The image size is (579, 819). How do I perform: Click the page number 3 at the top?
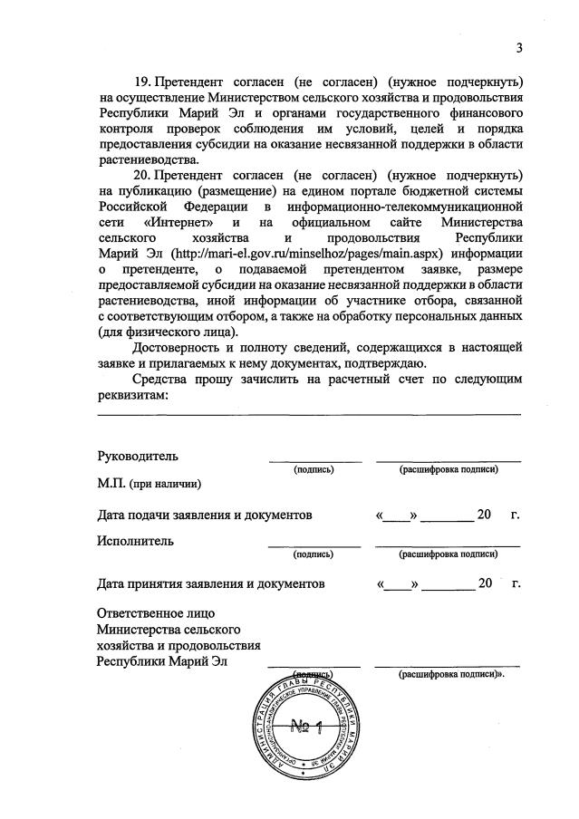point(519,48)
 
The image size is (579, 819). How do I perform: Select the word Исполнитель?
point(136,541)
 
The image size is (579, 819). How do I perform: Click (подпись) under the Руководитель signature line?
point(314,469)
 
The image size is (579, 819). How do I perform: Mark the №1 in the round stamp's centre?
point(312,726)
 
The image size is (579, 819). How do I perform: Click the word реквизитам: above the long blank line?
point(132,395)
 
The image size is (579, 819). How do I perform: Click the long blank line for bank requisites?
point(308,414)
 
